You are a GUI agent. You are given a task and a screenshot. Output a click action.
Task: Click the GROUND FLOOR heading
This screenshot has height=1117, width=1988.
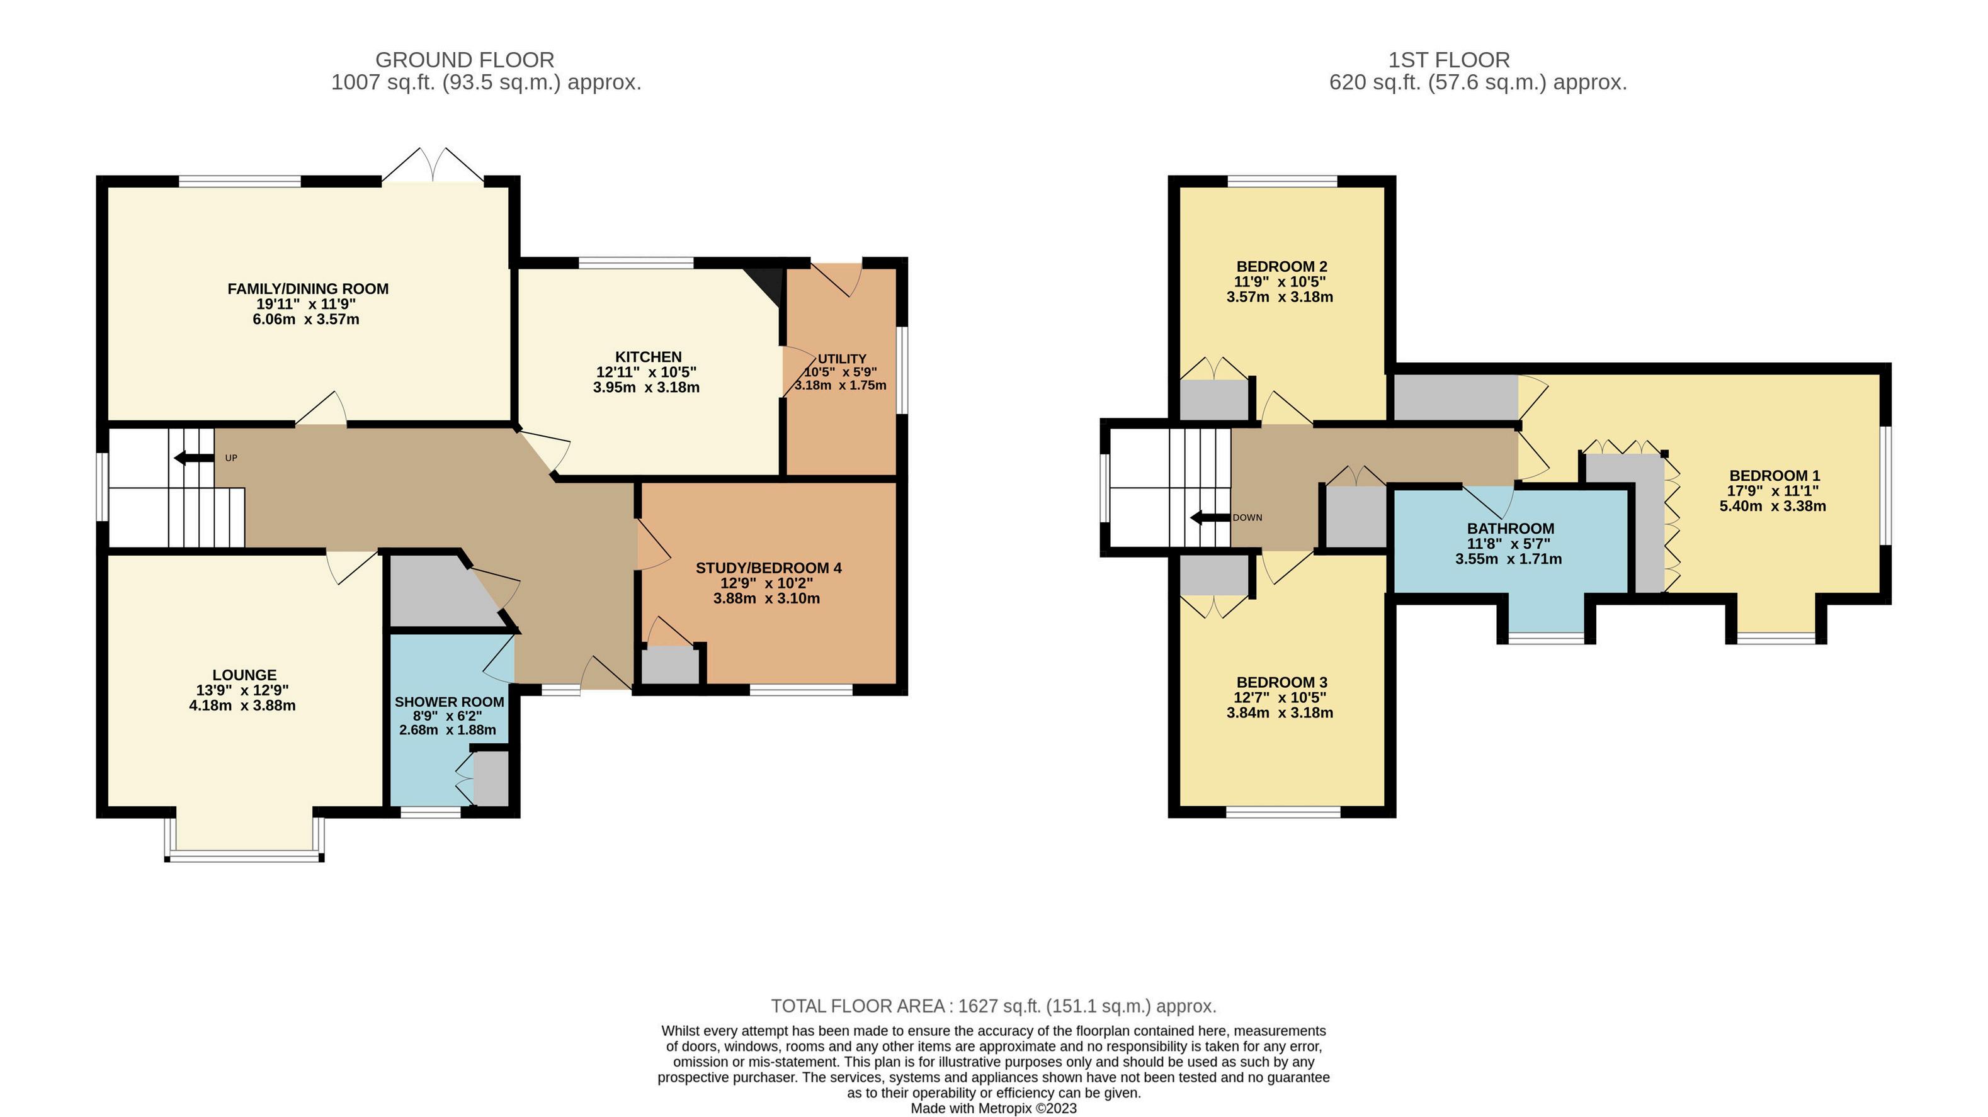click(465, 60)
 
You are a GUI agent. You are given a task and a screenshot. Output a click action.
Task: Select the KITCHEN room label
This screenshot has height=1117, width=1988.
click(648, 357)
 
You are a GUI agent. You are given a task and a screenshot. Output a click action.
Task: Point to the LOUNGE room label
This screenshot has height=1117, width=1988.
click(244, 675)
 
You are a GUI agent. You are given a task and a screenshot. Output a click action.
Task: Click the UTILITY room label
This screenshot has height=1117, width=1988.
click(842, 359)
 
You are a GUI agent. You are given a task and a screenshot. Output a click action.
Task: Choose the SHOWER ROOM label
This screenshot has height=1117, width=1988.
click(449, 702)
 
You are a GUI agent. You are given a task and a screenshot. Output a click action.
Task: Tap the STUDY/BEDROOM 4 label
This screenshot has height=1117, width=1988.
click(769, 568)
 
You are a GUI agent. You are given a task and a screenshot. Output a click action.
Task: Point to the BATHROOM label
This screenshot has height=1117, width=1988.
click(1510, 529)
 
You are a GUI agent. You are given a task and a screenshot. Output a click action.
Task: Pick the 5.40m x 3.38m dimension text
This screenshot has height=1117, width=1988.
click(1773, 507)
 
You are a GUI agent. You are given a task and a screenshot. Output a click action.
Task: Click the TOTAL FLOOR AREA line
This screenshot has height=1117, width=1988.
click(993, 1006)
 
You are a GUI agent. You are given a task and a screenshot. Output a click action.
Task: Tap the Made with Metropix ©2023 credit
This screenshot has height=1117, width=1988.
click(993, 1109)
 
